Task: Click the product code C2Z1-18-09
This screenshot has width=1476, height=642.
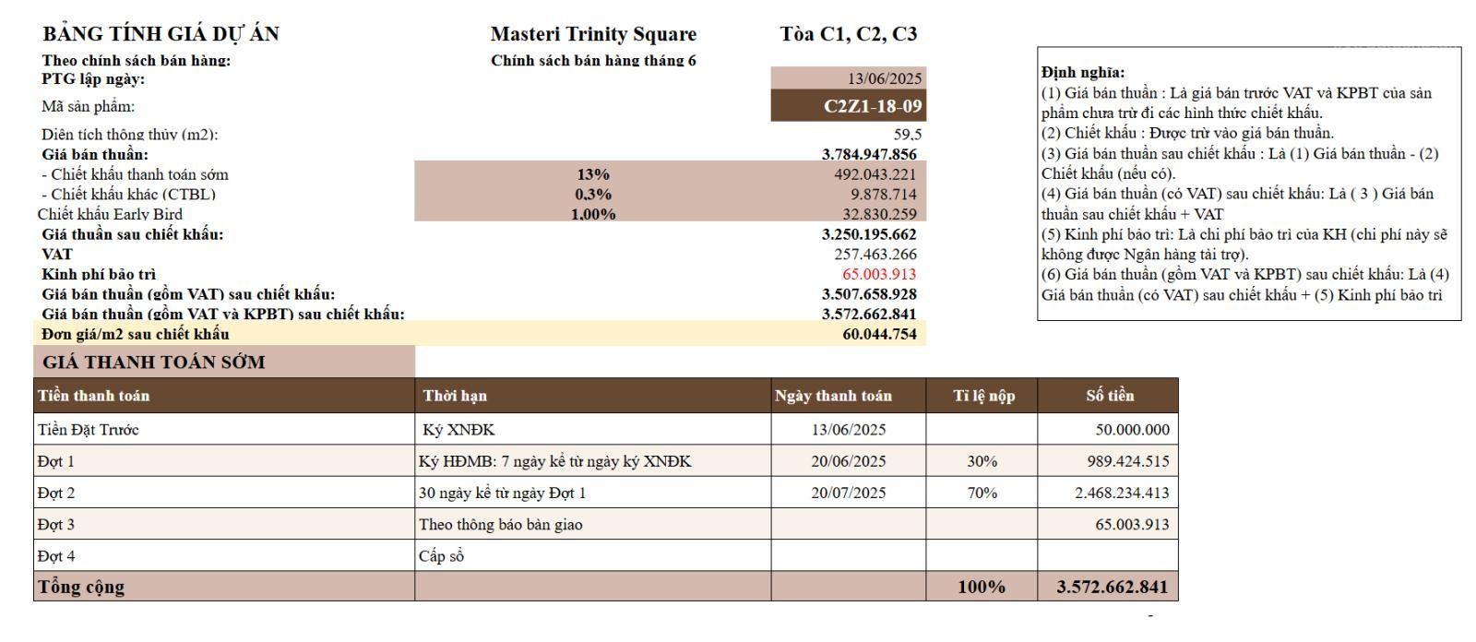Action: coord(873,106)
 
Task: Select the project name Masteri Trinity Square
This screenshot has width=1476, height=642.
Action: coord(593,34)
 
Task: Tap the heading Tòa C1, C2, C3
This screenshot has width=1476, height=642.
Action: coord(849,34)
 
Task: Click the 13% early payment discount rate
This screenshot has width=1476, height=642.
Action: coord(593,174)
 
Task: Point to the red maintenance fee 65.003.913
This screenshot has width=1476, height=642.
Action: coord(879,274)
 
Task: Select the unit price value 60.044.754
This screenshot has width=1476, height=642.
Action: coord(879,334)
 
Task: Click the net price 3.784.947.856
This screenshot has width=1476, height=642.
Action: coord(869,154)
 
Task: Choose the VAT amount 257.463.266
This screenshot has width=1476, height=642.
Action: coord(875,255)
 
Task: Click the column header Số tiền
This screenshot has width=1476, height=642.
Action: coord(1111,396)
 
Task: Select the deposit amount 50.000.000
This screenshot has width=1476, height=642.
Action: coord(1133,430)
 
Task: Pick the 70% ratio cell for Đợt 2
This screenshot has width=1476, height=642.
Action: coord(982,493)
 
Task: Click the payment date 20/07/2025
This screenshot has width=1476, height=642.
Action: coord(849,493)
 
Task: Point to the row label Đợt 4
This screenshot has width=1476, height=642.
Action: coord(56,556)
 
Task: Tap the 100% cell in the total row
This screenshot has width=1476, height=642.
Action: coord(982,587)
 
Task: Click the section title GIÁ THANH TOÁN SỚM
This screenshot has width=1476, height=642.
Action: coord(153,363)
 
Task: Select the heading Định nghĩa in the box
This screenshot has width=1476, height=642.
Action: coord(1083,73)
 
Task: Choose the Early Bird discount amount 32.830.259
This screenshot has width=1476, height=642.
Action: coord(879,214)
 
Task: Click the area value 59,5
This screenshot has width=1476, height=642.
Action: coord(908,135)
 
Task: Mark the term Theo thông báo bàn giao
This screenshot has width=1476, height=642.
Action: coord(501,525)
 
